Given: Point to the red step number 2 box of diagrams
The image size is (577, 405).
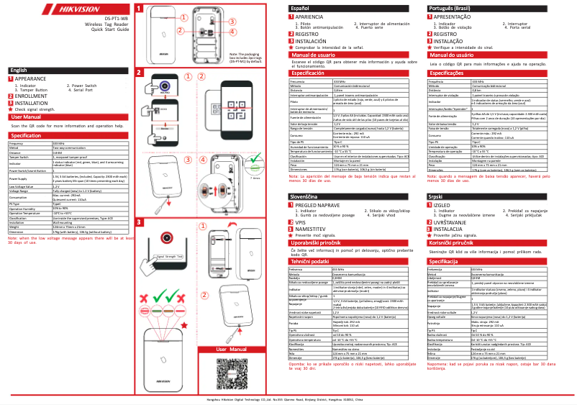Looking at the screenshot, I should coord(140,73).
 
